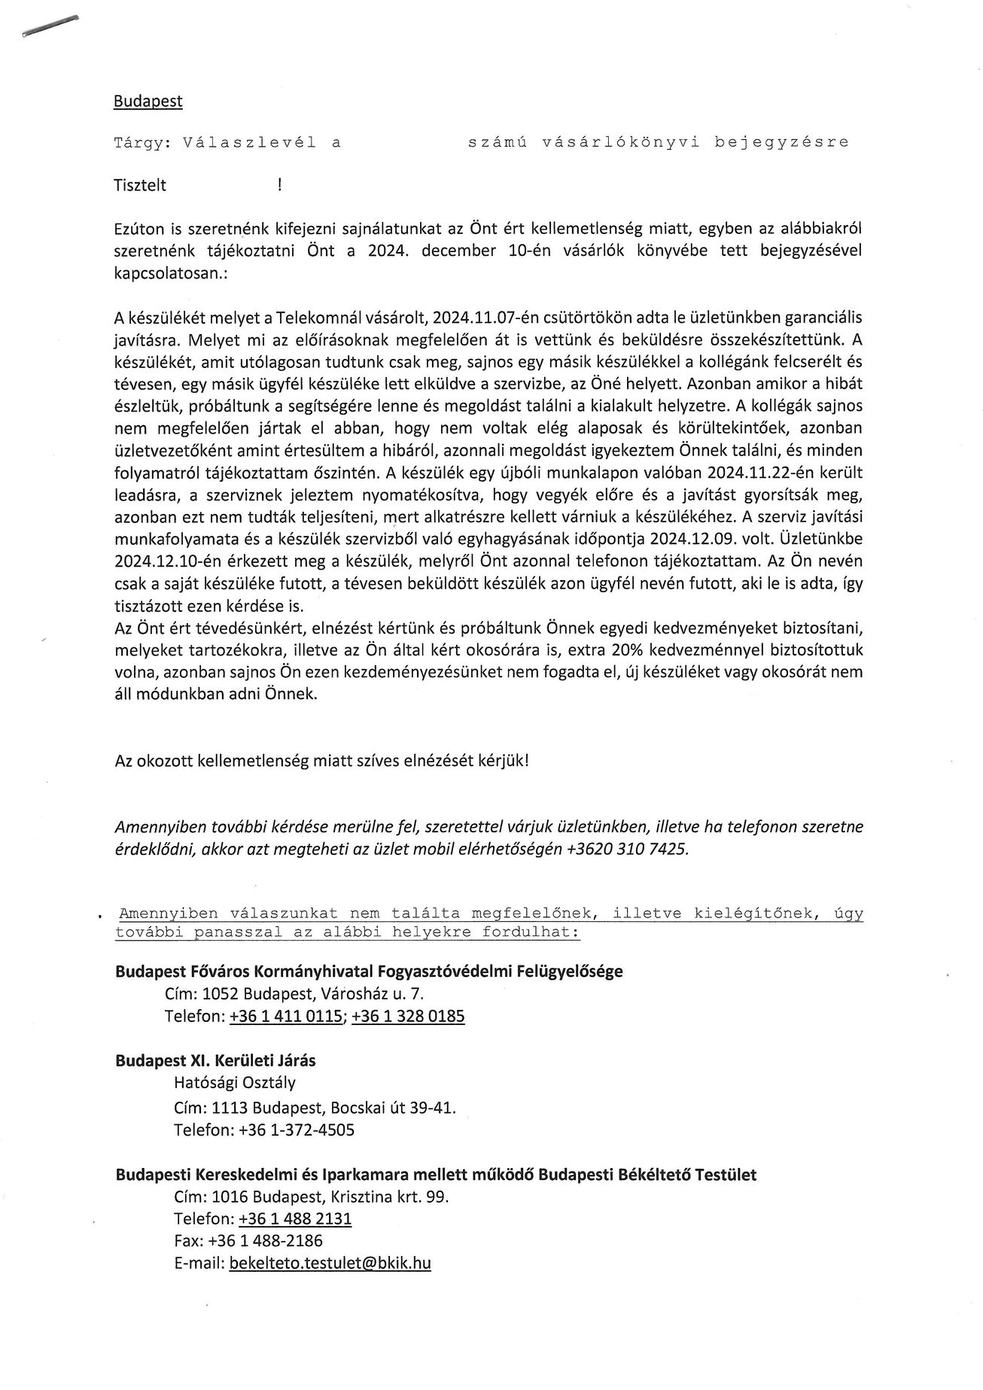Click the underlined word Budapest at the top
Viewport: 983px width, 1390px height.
click(148, 102)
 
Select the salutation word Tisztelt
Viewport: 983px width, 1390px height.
click(140, 185)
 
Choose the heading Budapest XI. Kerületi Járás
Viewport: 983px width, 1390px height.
click(215, 1061)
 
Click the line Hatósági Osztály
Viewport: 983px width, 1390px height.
click(234, 1084)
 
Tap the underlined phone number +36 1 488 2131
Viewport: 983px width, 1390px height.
click(295, 1219)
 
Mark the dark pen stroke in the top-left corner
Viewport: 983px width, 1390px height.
click(50, 25)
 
